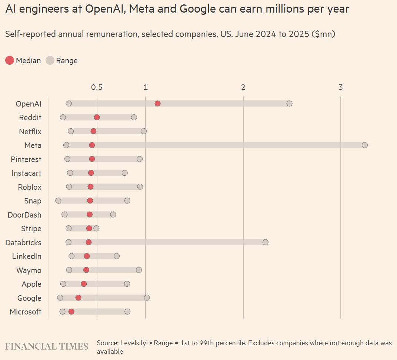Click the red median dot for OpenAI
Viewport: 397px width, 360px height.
158,103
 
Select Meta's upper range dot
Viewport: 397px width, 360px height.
365,145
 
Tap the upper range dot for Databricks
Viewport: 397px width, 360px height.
266,242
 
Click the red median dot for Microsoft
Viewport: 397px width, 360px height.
71,312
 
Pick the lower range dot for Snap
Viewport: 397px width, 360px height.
58,201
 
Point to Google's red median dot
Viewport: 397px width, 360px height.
78,298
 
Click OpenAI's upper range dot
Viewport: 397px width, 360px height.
290,103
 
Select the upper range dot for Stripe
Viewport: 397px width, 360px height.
96,228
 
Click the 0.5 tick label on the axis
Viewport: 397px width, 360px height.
97,87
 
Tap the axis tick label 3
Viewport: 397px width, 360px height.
341,87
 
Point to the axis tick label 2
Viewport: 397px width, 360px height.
243,87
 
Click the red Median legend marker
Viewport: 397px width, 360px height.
10,60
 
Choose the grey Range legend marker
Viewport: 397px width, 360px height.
50,60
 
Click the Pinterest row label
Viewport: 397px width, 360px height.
26,159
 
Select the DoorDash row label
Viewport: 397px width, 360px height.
24,215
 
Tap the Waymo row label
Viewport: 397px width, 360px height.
29,270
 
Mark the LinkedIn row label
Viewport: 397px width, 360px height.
27,256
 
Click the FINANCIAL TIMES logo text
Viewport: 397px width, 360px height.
47,347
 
